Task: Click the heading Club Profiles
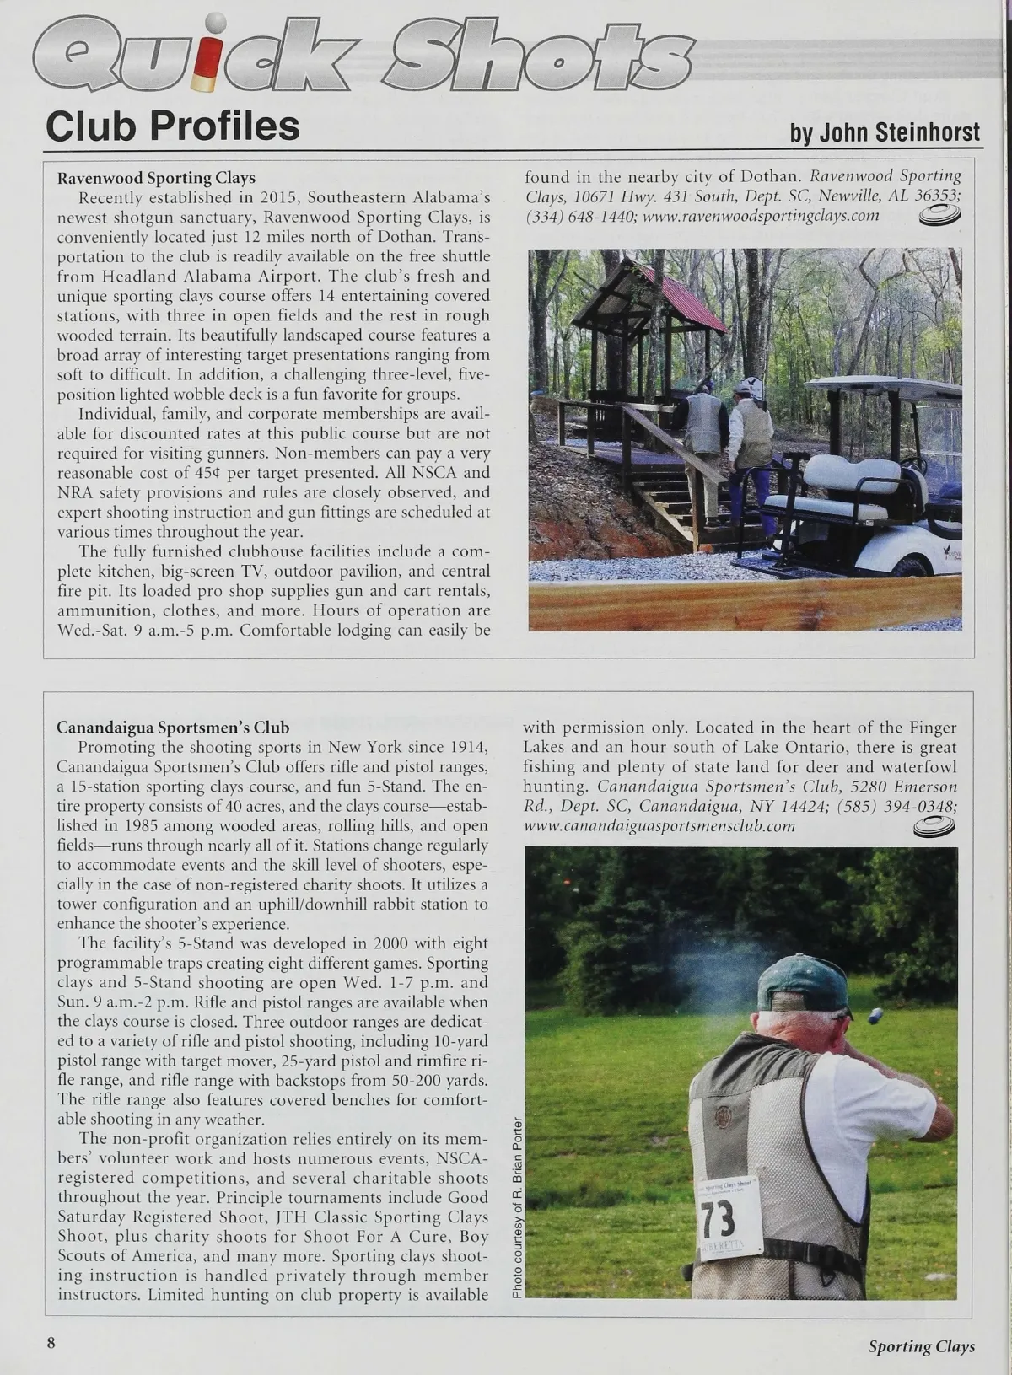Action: pos(173,126)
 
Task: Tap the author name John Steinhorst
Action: pos(885,132)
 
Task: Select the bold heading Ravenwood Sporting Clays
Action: pos(156,178)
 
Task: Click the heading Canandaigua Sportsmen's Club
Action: pos(173,728)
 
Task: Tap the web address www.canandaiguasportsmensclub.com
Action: pos(659,825)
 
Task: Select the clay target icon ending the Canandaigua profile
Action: pos(934,828)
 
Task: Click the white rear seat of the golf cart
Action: pos(852,476)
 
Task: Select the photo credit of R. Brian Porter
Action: pos(517,1206)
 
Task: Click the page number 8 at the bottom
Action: pos(51,1344)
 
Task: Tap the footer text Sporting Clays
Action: pos(921,1346)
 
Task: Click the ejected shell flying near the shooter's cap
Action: pos(875,1015)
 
